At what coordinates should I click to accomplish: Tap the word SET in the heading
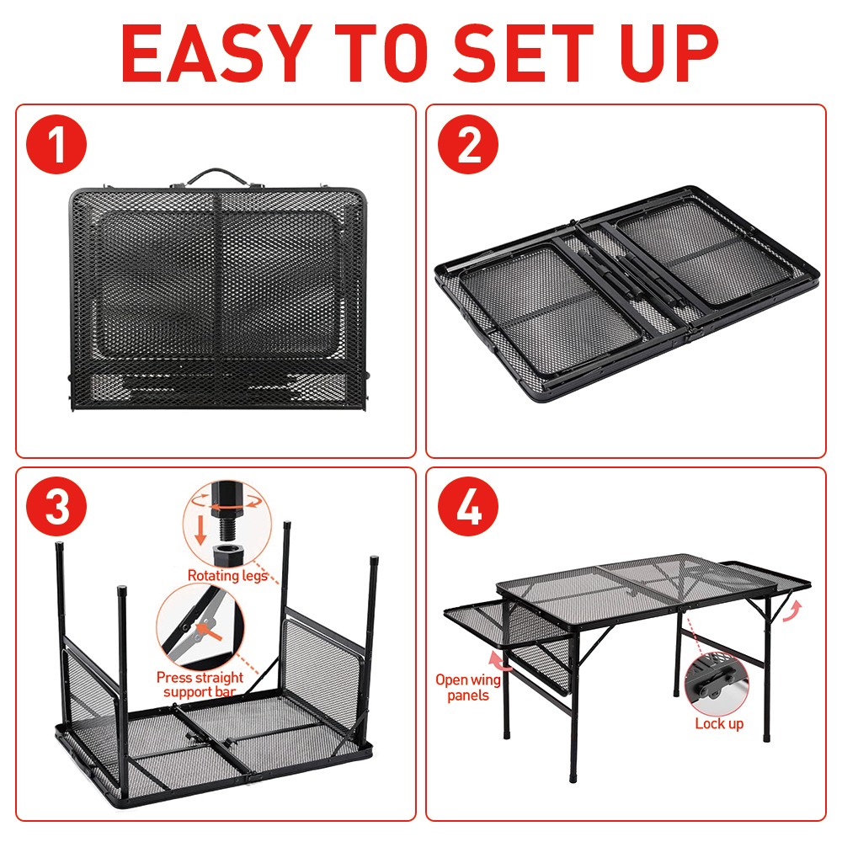coord(524,53)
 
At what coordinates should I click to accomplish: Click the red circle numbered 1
coord(56,145)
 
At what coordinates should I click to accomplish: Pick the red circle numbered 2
coord(467,145)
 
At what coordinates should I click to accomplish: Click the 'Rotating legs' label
coord(227,576)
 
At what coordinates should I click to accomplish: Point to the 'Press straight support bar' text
coord(200,684)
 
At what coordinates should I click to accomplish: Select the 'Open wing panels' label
coord(468,687)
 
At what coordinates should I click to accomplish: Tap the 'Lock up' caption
coord(719,723)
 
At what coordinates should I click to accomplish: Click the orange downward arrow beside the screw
coord(200,530)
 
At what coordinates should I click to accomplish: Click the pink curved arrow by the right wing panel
coord(792,611)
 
